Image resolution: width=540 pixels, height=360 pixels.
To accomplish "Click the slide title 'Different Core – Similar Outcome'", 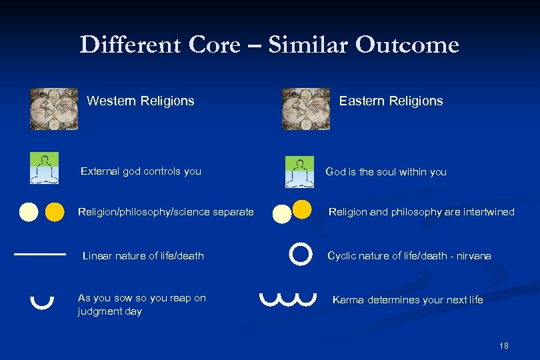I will [269, 45].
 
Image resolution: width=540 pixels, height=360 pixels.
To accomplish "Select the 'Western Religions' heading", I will [141, 101].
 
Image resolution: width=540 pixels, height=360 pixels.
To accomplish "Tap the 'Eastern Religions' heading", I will [391, 101].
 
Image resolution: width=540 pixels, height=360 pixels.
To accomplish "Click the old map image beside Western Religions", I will [54, 109].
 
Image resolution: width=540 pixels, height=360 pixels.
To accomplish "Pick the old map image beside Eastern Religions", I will [306, 109].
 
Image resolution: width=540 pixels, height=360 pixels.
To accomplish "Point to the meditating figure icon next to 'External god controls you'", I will [44, 168].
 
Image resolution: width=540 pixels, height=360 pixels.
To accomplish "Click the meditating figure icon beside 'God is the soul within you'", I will [299, 172].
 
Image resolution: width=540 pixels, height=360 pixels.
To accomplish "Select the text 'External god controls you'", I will [141, 171].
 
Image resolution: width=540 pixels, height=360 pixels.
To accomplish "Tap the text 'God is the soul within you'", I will [386, 172].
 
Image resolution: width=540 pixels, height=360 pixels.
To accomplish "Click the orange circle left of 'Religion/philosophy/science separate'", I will [55, 212].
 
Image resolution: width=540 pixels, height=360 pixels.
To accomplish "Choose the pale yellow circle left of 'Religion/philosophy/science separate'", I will [29, 212].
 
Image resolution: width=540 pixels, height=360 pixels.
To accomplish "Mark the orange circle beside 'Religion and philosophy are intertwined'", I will [302, 209].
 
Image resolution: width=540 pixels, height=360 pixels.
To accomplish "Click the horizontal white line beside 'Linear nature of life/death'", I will [40, 254].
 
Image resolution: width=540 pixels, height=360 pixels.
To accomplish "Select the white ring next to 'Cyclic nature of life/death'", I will [301, 253].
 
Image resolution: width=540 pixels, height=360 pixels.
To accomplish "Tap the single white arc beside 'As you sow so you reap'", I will [42, 301].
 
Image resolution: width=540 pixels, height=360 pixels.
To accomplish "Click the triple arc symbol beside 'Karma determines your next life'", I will [287, 299].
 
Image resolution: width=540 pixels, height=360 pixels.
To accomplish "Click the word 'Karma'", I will [347, 300].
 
